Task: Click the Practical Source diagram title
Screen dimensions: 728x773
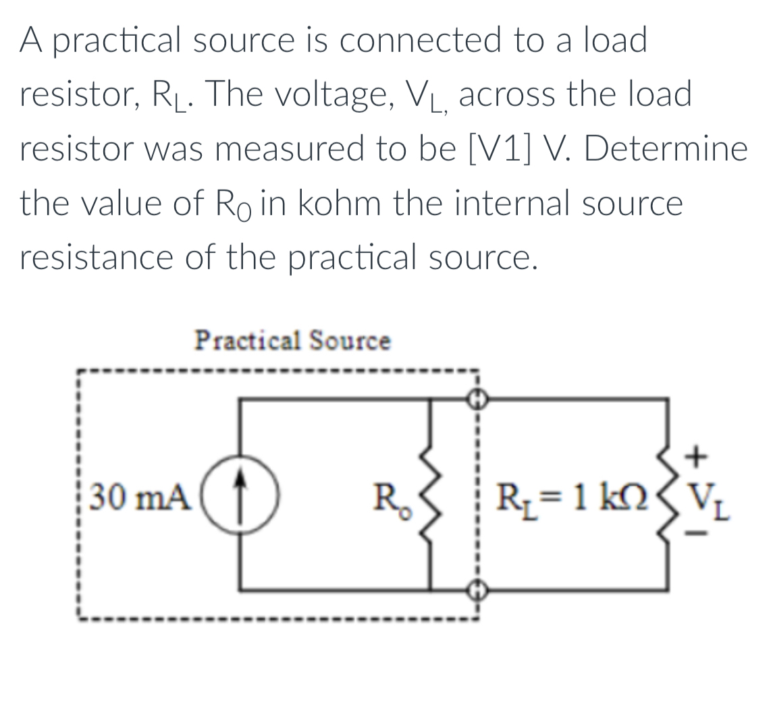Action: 292,341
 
